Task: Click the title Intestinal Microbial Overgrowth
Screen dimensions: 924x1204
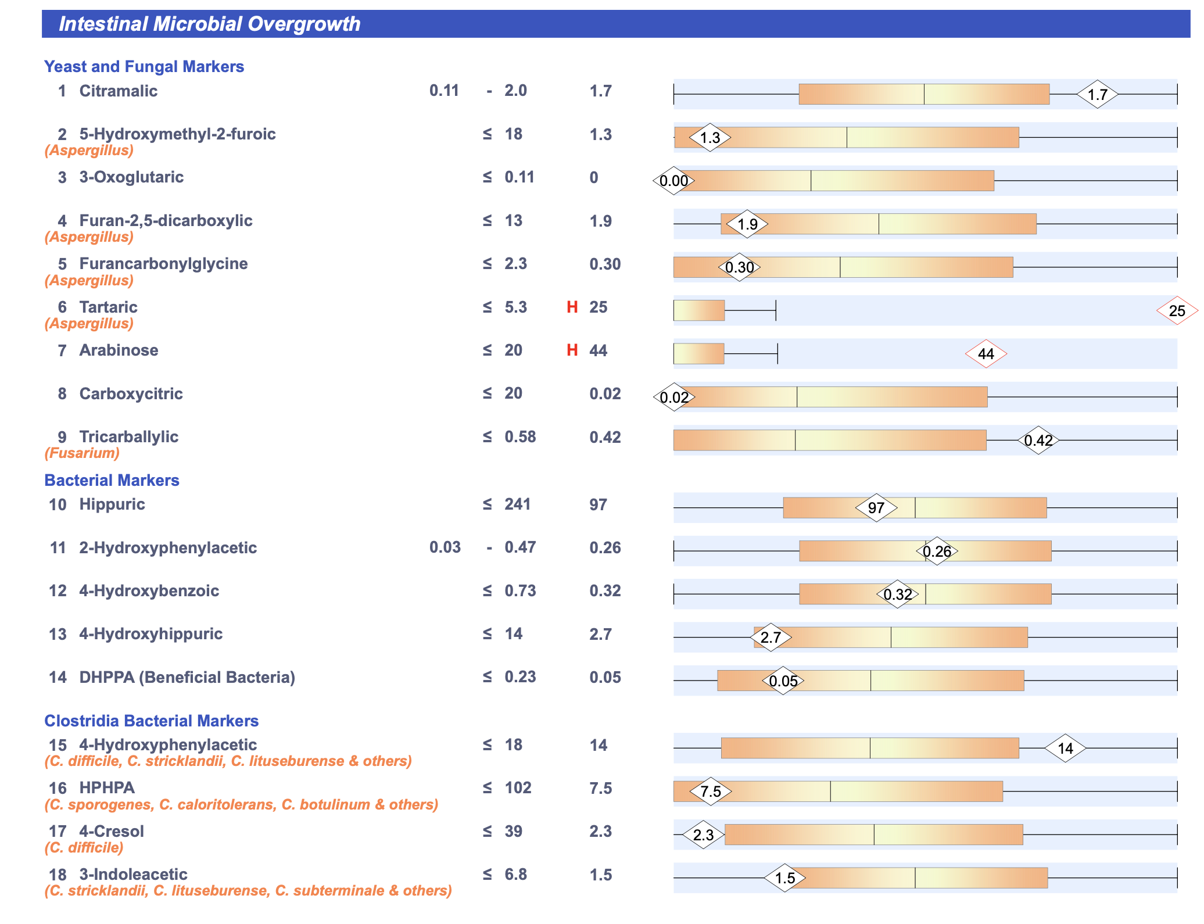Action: click(x=209, y=24)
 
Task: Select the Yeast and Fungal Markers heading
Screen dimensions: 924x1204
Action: click(x=144, y=66)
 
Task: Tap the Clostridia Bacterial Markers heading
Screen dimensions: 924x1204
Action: click(x=151, y=721)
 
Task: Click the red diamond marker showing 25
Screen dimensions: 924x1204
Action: click(x=1177, y=311)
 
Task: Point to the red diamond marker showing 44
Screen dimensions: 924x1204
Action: click(x=986, y=354)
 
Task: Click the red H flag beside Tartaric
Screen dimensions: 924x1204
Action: click(x=572, y=307)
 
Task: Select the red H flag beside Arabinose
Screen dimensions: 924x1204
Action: click(x=572, y=350)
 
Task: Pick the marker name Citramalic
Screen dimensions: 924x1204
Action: click(x=118, y=91)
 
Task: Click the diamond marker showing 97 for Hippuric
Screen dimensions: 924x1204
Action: click(x=876, y=508)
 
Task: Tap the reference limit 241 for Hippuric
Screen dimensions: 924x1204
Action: click(x=517, y=504)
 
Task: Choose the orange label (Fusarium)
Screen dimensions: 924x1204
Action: click(x=82, y=453)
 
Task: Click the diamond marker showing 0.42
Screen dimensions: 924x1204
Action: click(x=1038, y=440)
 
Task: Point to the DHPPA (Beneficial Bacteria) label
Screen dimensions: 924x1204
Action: click(x=187, y=677)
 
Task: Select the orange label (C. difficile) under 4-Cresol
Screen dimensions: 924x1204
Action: click(x=84, y=847)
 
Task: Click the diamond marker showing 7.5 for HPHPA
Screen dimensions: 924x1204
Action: click(x=710, y=792)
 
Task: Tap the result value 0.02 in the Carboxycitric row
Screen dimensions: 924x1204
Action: click(x=605, y=393)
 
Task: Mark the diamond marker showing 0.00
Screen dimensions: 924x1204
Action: click(x=673, y=181)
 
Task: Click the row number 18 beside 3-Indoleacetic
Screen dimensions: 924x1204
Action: click(x=58, y=875)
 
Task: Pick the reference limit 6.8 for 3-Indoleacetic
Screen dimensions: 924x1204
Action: click(x=515, y=875)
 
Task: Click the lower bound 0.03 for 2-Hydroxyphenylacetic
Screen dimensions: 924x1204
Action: click(x=445, y=547)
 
